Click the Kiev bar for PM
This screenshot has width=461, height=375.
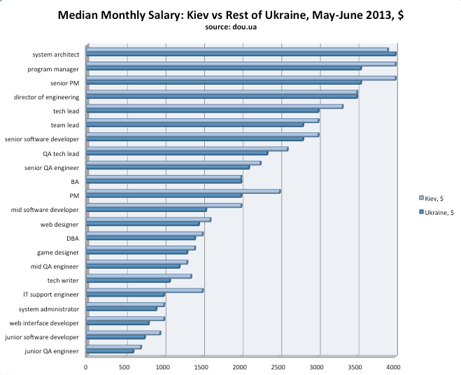tap(183, 191)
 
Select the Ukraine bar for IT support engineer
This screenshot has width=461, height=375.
tap(125, 295)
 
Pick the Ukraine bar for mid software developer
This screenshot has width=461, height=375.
tap(146, 210)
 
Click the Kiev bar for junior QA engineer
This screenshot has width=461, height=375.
tap(113, 347)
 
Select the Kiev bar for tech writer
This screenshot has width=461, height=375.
tap(139, 276)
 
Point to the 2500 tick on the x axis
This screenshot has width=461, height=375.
tap(280, 365)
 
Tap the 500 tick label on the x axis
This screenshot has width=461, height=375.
tap(125, 365)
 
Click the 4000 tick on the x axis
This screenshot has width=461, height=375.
tap(395, 365)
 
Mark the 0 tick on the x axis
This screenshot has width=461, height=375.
tap(86, 365)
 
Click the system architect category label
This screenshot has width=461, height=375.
tap(55, 54)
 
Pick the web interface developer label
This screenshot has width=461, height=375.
tap(45, 323)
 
